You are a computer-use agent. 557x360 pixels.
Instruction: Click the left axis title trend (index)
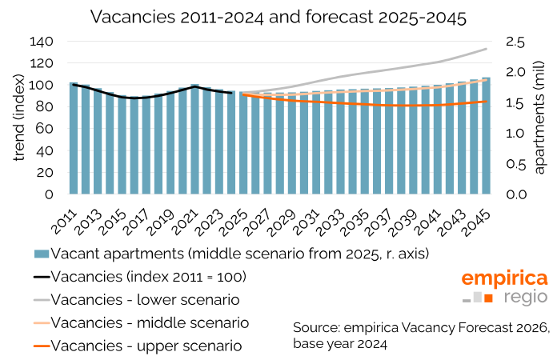tap(18, 118)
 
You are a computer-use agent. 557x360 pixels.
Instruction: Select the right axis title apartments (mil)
tap(539, 119)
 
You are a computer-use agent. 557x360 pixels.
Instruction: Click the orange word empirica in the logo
tap(504, 278)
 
